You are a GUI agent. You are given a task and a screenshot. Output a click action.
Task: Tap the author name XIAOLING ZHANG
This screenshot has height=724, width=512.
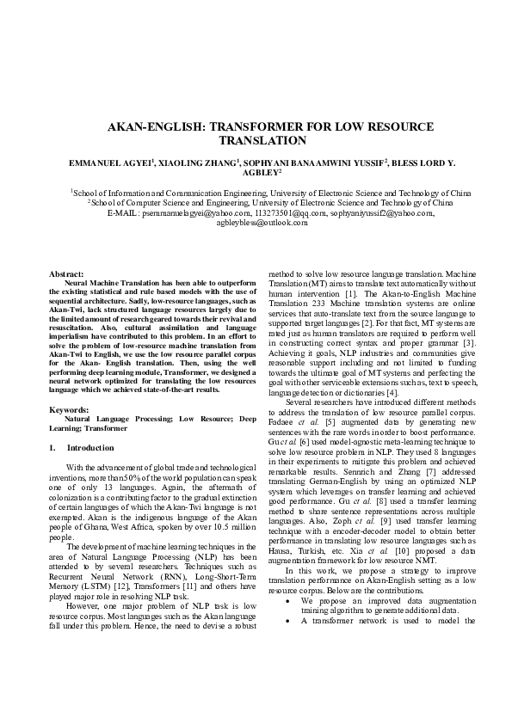pyautogui.click(x=188, y=162)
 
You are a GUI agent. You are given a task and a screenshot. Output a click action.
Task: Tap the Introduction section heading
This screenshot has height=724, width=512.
pyautogui.click(x=89, y=448)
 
